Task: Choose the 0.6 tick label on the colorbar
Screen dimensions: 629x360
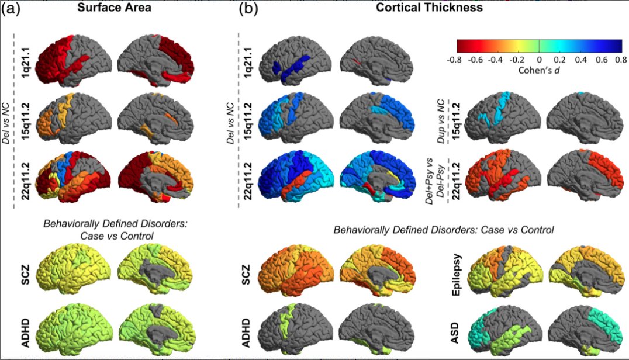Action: [600, 60]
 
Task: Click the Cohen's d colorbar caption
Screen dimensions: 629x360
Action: [538, 71]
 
